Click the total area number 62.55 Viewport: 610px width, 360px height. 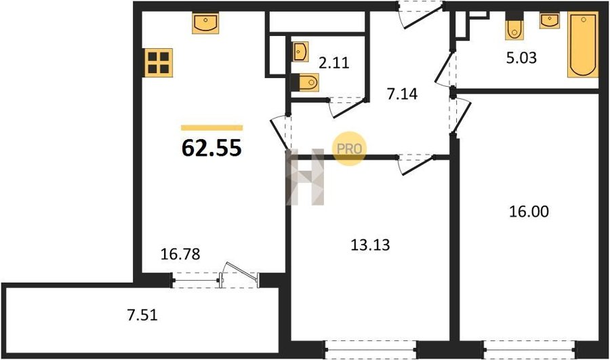click(x=211, y=148)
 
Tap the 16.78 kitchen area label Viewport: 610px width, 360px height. click(x=180, y=254)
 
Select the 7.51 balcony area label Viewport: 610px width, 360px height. click(x=142, y=315)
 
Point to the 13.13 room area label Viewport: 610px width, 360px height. click(x=370, y=245)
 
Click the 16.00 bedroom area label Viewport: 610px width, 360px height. click(x=529, y=212)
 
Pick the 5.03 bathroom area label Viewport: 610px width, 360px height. click(x=521, y=58)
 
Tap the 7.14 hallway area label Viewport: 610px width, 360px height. click(x=402, y=94)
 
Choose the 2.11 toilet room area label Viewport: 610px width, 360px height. click(x=333, y=62)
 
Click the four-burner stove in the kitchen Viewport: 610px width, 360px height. click(x=159, y=62)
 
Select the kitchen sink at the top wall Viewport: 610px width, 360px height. click(x=205, y=22)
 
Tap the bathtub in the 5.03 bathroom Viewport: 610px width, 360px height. click(x=583, y=44)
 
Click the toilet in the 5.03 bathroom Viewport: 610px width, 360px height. click(x=514, y=26)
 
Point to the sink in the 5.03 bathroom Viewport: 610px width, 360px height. click(x=549, y=20)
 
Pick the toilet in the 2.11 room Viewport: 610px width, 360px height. click(x=306, y=82)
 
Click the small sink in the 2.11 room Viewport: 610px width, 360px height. click(x=300, y=52)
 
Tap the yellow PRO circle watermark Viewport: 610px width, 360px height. click(x=349, y=148)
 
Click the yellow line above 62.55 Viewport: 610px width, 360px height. click(x=212, y=127)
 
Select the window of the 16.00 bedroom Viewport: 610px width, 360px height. click(x=529, y=350)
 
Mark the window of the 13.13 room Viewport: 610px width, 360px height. click(x=370, y=350)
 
